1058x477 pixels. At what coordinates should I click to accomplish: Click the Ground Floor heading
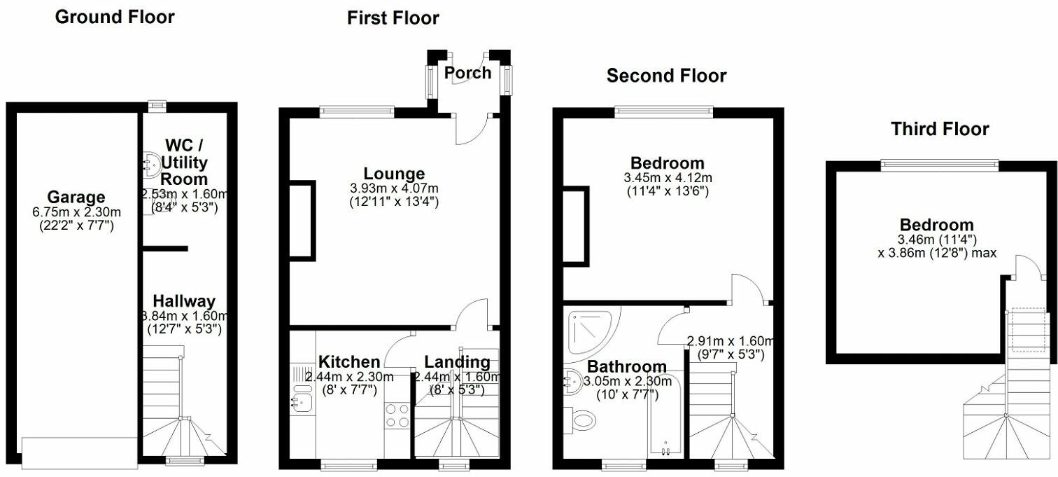115,17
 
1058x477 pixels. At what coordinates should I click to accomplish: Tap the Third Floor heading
939,129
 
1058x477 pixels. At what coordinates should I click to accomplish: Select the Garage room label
76,197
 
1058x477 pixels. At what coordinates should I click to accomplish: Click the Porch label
467,73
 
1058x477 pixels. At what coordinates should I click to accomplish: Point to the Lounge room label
394,174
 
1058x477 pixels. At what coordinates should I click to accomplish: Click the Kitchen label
349,362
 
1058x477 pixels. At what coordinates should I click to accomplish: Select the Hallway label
184,301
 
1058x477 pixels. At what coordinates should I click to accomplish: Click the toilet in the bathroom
582,420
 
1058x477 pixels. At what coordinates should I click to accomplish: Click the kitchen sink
303,401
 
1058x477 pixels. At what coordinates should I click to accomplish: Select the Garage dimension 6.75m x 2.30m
76,212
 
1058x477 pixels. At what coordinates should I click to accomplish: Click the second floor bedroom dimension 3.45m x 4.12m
667,178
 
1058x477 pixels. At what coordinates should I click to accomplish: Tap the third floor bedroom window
939,165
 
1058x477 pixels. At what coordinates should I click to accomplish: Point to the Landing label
457,362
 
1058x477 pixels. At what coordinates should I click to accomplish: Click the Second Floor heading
666,76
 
